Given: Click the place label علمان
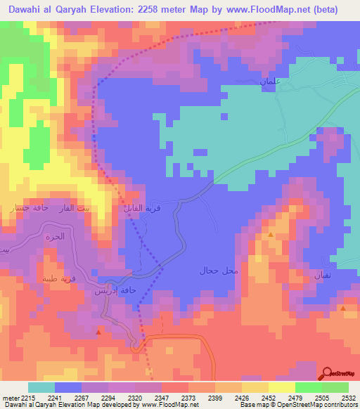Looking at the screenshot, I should pos(270,83).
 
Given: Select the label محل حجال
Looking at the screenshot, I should pos(219,271).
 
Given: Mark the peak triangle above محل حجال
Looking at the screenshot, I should pos(271,235).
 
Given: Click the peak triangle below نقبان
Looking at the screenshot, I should pos(342,308).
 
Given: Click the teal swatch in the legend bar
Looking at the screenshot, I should pos(41,387).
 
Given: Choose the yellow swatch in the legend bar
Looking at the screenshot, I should pos(281,387).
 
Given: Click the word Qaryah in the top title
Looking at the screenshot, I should pos(89,10).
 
